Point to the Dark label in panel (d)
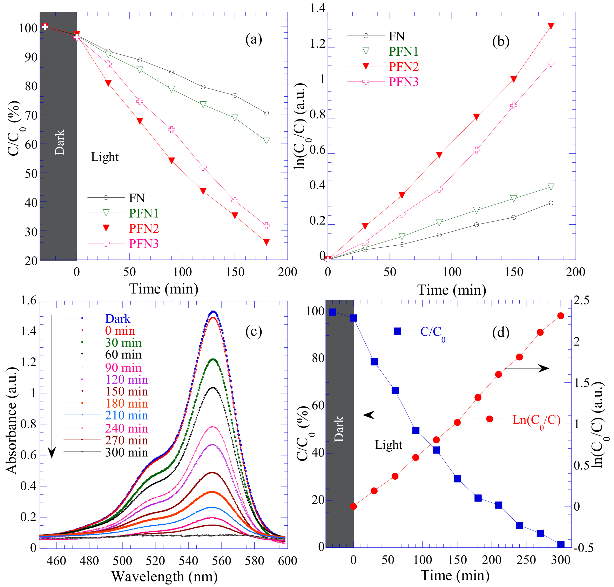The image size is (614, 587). (x=339, y=429)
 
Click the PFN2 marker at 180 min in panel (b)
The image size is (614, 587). (x=551, y=26)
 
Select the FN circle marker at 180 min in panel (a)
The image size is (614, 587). (x=266, y=113)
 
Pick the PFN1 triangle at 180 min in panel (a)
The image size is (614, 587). (x=266, y=141)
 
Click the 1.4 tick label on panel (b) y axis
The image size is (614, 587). (x=317, y=8)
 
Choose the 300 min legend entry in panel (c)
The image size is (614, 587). (x=126, y=452)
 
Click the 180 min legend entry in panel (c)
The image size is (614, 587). (x=126, y=404)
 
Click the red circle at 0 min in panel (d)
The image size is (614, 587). (x=353, y=506)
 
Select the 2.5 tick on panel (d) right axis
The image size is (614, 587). (x=581, y=300)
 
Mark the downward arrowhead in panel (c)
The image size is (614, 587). (x=52, y=452)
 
